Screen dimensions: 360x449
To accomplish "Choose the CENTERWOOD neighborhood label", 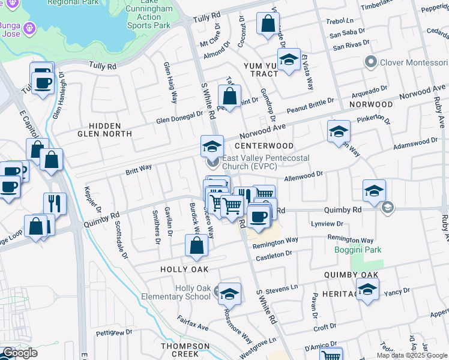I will coord(264,146).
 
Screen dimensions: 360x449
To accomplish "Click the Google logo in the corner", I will coord(20,353).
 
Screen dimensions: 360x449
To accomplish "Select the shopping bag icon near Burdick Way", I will coord(197,245).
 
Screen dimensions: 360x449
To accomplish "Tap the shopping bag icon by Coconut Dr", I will coord(268,25).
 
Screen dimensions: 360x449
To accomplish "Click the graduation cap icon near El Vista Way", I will coord(289,59).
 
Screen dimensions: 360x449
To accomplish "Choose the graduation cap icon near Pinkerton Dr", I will coord(339,131).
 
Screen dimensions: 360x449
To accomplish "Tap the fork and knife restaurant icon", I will coord(55,203).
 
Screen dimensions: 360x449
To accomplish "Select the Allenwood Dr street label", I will coord(303,176).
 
